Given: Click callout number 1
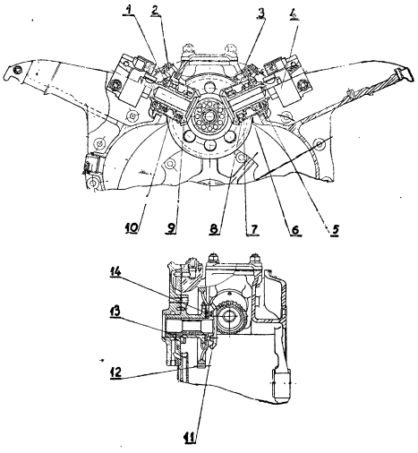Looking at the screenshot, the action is click(129, 11).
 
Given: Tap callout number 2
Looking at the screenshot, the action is click(155, 11).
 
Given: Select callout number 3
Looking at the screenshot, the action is click(261, 13).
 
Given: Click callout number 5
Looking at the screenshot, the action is click(335, 229).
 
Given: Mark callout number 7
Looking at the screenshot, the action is click(253, 229).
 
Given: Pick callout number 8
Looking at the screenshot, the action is click(214, 229).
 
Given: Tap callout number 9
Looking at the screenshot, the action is click(171, 228).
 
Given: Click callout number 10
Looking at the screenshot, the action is click(132, 228).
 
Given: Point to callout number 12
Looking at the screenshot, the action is click(115, 372).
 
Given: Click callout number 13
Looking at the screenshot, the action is click(115, 312).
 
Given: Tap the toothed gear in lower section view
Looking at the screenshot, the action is click(230, 316).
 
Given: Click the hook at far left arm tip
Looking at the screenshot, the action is click(13, 73).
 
